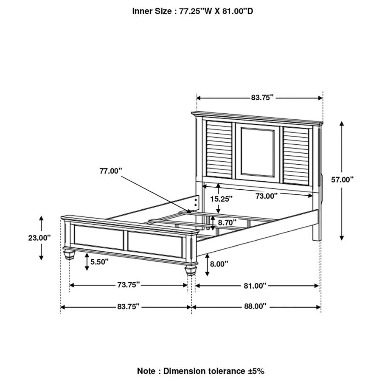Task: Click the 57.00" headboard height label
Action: point(342,180)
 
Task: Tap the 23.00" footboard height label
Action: point(39,238)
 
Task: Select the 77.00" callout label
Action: point(110,171)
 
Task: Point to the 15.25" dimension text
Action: point(222,199)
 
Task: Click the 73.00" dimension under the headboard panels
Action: point(267,196)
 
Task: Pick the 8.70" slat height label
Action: point(227,222)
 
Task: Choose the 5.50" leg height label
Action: point(99,262)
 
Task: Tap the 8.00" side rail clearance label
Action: point(219,264)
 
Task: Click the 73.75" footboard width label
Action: point(129,284)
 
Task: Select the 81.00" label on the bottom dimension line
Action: point(255,286)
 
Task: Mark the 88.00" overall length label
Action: point(255,306)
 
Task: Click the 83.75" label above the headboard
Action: point(262,98)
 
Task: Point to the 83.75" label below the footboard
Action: point(128,306)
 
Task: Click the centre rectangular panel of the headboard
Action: point(258,151)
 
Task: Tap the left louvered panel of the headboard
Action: point(219,149)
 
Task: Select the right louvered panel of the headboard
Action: point(296,155)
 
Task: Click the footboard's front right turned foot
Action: point(191,270)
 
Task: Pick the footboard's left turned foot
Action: point(69,254)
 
